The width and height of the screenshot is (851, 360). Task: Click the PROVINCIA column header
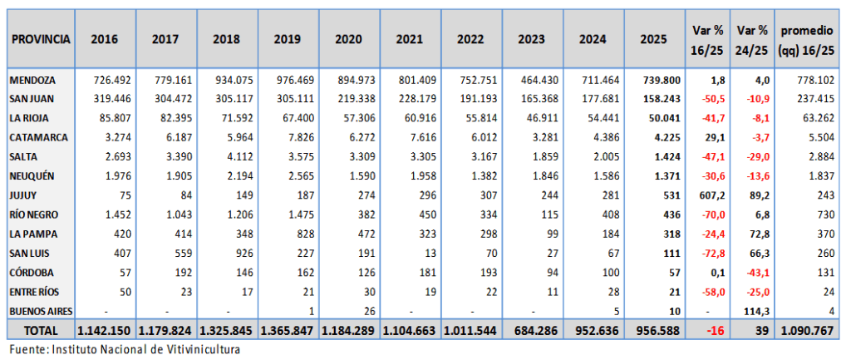coord(39,39)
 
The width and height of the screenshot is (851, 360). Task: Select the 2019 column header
coord(287,39)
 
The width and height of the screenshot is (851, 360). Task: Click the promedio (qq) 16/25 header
coord(805,39)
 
